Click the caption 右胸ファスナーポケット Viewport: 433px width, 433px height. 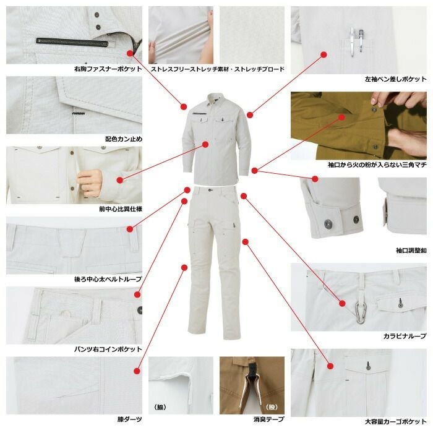(x=108, y=69)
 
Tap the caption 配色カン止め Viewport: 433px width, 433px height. (x=124, y=139)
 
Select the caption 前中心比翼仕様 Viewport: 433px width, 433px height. (x=121, y=209)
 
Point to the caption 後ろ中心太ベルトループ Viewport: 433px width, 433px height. (x=108, y=279)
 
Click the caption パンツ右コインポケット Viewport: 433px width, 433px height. (x=108, y=349)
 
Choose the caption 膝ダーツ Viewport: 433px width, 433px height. (x=129, y=419)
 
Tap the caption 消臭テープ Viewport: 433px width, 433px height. (x=268, y=419)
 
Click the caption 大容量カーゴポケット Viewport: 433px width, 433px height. (x=396, y=422)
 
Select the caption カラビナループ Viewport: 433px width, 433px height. (x=405, y=336)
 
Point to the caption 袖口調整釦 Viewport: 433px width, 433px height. (x=411, y=251)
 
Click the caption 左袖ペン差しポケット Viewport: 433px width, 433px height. (x=396, y=79)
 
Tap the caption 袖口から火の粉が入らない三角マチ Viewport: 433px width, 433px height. (x=377, y=165)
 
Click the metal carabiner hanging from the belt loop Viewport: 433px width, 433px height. (x=361, y=312)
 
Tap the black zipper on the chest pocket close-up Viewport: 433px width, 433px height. (x=72, y=41)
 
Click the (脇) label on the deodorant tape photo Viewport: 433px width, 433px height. (x=160, y=407)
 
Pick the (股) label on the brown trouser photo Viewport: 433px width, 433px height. (x=271, y=407)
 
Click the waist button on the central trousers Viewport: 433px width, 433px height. (x=210, y=190)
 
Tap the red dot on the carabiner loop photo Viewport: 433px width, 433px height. (x=343, y=304)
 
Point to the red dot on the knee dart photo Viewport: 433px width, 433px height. (x=137, y=371)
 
